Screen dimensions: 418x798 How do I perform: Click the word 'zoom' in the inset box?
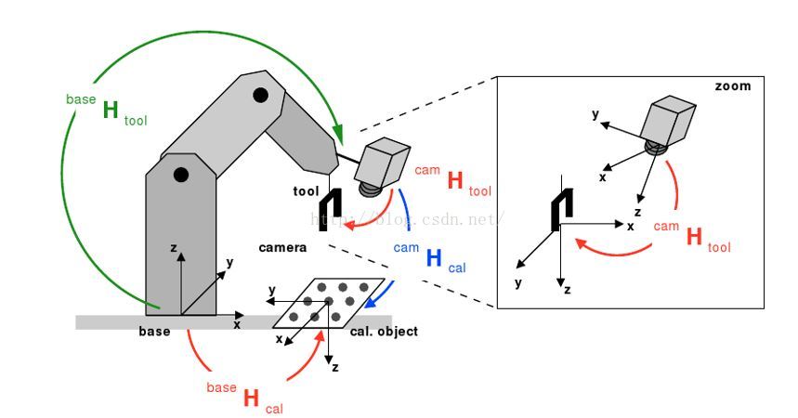coord(732,86)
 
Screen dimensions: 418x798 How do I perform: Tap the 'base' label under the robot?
coord(154,332)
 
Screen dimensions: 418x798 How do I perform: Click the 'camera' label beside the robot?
coord(282,248)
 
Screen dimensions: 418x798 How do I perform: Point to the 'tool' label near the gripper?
coord(306,191)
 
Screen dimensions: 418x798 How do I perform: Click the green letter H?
coord(111,111)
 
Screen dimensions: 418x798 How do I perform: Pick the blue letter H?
coord(433,258)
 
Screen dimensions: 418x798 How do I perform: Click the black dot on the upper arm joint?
coord(261,94)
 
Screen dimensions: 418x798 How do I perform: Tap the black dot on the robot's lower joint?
coord(181,174)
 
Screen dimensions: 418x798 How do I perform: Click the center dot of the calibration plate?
coord(329,301)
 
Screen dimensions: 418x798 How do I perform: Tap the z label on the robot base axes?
coord(174,249)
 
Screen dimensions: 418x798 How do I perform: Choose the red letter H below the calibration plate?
coord(250,398)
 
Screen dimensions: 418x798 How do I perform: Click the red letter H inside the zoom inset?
coord(693,237)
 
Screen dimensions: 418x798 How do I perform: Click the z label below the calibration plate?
coord(335,367)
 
